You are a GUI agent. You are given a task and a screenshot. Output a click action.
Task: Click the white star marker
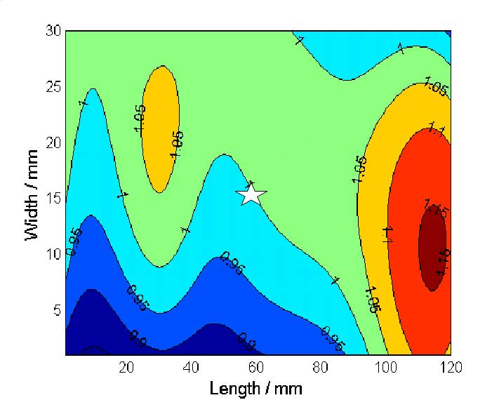(x=251, y=194)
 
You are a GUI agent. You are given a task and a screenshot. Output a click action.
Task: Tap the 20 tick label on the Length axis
(x=126, y=366)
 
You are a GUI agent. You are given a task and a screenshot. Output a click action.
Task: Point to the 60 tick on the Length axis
(x=256, y=366)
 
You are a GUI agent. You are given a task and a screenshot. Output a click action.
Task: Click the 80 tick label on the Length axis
(x=321, y=366)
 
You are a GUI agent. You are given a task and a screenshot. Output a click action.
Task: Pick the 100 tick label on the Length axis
(x=385, y=366)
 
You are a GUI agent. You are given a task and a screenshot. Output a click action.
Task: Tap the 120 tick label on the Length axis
(x=450, y=366)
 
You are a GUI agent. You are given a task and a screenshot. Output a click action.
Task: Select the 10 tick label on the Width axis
(x=53, y=254)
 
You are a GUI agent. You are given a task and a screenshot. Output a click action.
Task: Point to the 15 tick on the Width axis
(x=53, y=199)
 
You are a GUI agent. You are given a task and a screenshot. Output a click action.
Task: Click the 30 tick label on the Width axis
(x=53, y=32)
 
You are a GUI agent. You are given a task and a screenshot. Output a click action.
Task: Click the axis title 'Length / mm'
(x=256, y=387)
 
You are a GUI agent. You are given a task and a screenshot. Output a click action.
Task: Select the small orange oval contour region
(x=160, y=130)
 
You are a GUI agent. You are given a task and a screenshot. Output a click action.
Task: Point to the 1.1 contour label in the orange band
(x=386, y=234)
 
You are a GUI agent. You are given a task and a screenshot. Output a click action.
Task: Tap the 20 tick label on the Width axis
(x=53, y=142)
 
